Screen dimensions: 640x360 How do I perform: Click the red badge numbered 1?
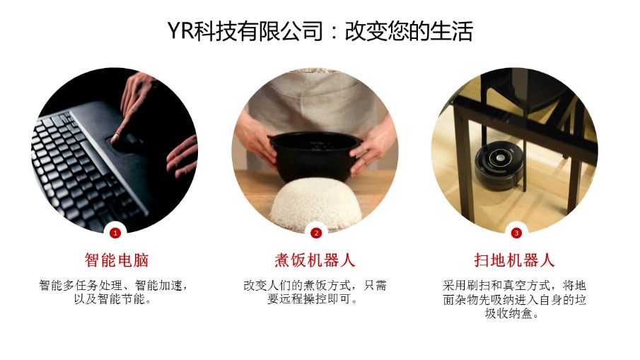pyautogui.click(x=115, y=233)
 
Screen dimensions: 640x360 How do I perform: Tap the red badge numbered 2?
pyautogui.click(x=316, y=233)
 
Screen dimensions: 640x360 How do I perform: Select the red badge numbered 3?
pyautogui.click(x=516, y=233)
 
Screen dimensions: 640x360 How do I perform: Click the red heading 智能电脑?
pyautogui.click(x=116, y=260)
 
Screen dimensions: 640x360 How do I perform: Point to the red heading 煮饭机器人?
pyautogui.click(x=315, y=260)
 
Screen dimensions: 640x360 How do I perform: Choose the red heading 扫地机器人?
pyautogui.click(x=514, y=260)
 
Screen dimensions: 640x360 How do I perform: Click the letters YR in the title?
pyautogui.click(x=180, y=31)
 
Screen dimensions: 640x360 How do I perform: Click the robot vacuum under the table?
pyautogui.click(x=499, y=167)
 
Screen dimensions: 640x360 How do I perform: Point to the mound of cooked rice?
pyautogui.click(x=315, y=202)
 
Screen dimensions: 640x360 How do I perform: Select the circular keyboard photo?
pyautogui.click(x=115, y=150)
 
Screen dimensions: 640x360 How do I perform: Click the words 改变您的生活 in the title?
pyautogui.click(x=409, y=31)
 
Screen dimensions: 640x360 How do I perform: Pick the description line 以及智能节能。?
pyautogui.click(x=112, y=299)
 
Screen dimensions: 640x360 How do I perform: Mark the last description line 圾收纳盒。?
pyautogui.click(x=512, y=313)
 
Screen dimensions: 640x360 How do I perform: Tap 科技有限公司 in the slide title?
pyautogui.click(x=258, y=31)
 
